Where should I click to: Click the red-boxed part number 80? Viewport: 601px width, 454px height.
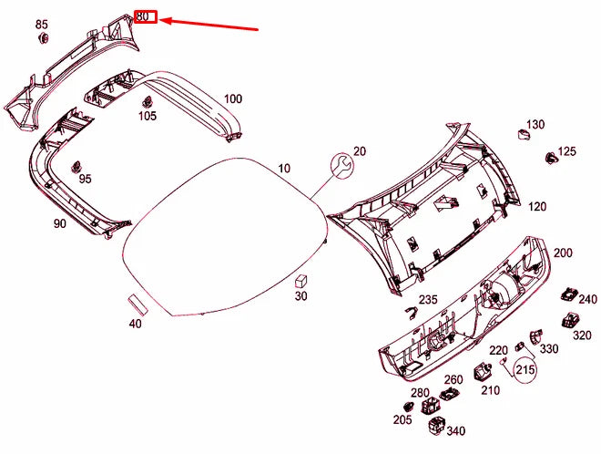pos(146,16)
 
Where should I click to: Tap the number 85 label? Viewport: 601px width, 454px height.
pos(42,23)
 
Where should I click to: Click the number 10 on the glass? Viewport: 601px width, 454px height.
pos(284,169)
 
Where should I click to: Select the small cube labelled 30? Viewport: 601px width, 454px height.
pos(301,280)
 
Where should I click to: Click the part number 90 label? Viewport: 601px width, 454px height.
pos(60,222)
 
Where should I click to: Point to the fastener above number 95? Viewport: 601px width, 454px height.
pos(76,165)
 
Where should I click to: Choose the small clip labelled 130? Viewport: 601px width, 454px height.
pos(524,135)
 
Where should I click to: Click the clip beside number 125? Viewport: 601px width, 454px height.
pos(551,158)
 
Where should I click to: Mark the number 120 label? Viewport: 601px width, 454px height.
pos(537,207)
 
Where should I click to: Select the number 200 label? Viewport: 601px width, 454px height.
pos(563,253)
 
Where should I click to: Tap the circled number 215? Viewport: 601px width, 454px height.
pos(525,370)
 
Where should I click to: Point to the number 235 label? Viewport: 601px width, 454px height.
pos(428,300)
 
